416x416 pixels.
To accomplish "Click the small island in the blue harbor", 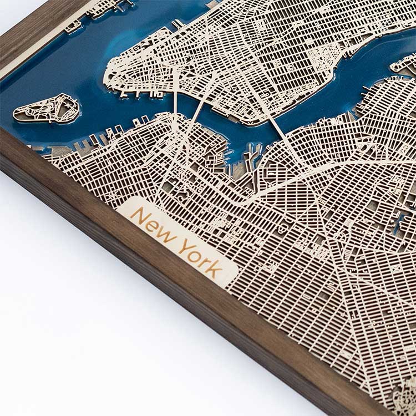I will coord(46,109).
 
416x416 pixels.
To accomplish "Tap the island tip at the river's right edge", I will coord(402,64).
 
